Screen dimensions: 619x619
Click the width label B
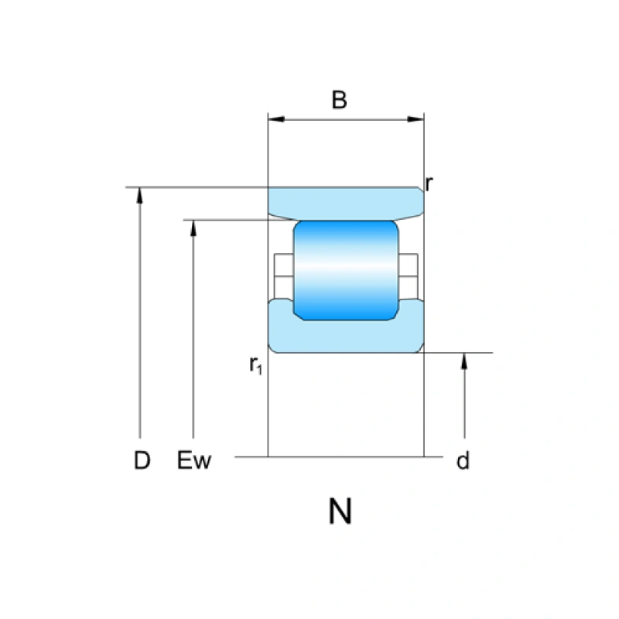pos(339,101)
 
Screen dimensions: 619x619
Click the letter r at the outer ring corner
pos(429,184)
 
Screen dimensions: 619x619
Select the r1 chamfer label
pos(256,365)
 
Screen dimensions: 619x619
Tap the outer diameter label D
pos(142,461)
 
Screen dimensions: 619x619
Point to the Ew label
pos(194,461)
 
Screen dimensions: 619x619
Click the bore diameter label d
pos(463,462)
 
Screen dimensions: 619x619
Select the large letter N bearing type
pos(340,511)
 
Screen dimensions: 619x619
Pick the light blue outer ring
pos(345,203)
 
